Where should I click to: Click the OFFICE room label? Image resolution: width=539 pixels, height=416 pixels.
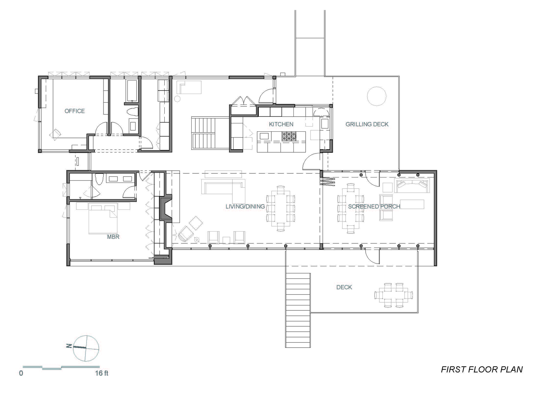tap(74, 111)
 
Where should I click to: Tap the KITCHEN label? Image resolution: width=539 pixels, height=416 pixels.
tap(281, 124)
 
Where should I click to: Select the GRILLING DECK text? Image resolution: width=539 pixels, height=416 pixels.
tap(367, 124)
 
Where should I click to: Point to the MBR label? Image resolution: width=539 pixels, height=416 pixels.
tap(113, 237)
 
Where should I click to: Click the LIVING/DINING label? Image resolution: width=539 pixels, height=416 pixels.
tap(245, 207)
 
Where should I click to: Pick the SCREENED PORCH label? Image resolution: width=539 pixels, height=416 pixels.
tap(374, 207)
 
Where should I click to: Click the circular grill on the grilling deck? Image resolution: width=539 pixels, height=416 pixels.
tap(376, 96)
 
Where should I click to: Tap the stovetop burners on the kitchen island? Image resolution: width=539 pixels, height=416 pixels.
tap(289, 136)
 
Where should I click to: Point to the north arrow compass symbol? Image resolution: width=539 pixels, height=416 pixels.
tap(86, 348)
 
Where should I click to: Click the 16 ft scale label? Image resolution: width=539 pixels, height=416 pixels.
tap(101, 373)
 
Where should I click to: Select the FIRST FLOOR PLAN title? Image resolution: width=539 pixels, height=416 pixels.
tap(482, 369)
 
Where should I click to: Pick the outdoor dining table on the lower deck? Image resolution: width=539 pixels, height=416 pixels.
tap(393, 295)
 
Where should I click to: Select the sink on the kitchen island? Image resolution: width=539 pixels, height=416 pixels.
tap(264, 136)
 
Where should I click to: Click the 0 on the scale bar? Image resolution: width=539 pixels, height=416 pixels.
tap(21, 373)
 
